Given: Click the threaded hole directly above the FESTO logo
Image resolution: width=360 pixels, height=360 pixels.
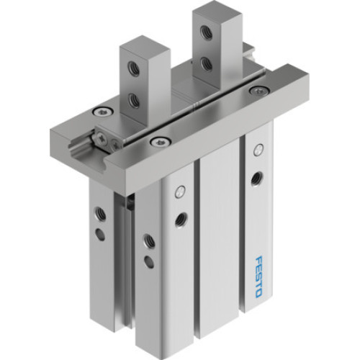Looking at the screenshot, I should pyautogui.click(x=257, y=176).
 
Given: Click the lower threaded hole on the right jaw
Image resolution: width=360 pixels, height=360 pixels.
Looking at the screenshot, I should pyautogui.click(x=207, y=64).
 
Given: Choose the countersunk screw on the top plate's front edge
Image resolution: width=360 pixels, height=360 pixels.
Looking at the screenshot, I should pyautogui.click(x=156, y=141).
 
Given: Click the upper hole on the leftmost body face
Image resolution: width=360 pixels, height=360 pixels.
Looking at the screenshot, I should pyautogui.click(x=100, y=214).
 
